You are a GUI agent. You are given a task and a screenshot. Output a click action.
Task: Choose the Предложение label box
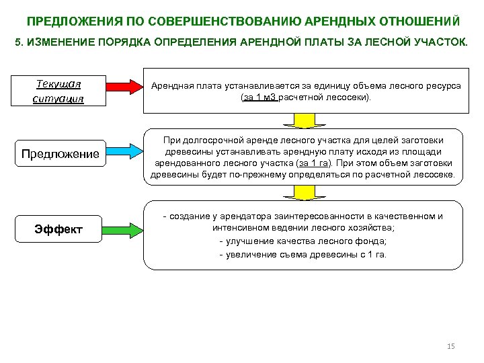[x=60, y=154]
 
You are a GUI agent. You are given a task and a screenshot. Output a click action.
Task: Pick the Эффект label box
[x=58, y=230]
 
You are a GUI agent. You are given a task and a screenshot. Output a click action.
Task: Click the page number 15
[x=451, y=346]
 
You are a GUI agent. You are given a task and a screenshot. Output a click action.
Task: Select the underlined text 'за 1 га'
[x=315, y=163]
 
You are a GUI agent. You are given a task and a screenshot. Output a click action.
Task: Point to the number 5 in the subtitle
[x=18, y=42]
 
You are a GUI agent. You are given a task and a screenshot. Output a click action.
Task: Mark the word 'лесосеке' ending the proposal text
[x=434, y=176]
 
